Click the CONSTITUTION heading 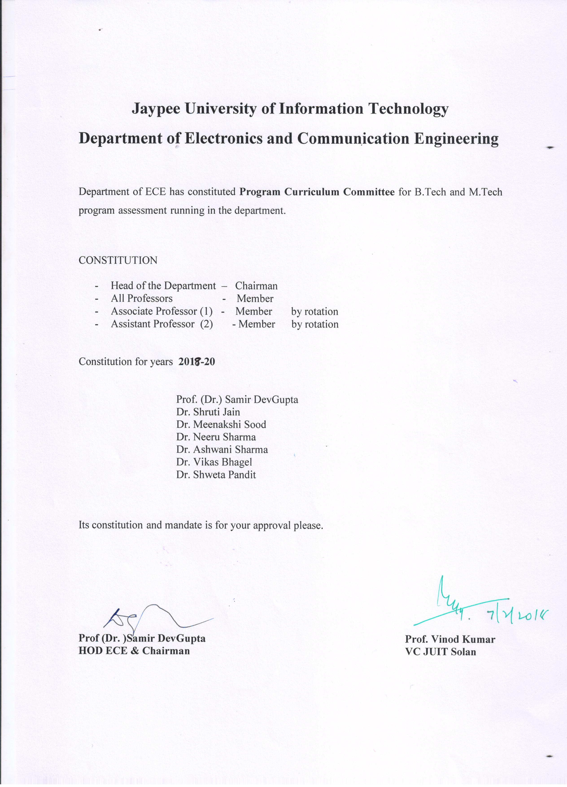coord(118,260)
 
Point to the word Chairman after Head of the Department coord(256,286)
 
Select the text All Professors coord(142,298)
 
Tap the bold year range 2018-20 coord(197,362)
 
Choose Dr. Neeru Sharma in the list coord(216,437)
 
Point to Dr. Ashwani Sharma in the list coord(222,450)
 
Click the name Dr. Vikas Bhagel coord(214,462)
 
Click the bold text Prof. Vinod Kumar coord(450,639)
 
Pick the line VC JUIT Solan coord(441,652)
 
